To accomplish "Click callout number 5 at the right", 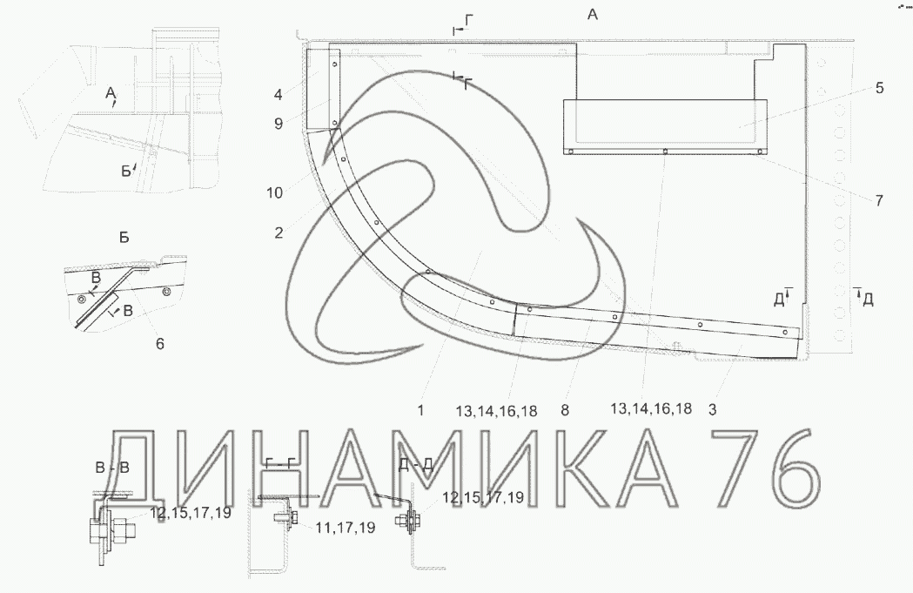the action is [x=879, y=88].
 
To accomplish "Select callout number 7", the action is [x=879, y=200].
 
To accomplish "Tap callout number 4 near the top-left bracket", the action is [x=279, y=94].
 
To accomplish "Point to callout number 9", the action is [x=279, y=124].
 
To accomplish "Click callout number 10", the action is [x=274, y=192].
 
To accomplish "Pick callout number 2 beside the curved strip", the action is [x=279, y=233].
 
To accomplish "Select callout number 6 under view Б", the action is [x=159, y=344].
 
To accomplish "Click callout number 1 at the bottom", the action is [x=420, y=411].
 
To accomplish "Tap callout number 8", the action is [x=564, y=410].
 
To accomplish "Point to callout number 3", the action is [x=712, y=409].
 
